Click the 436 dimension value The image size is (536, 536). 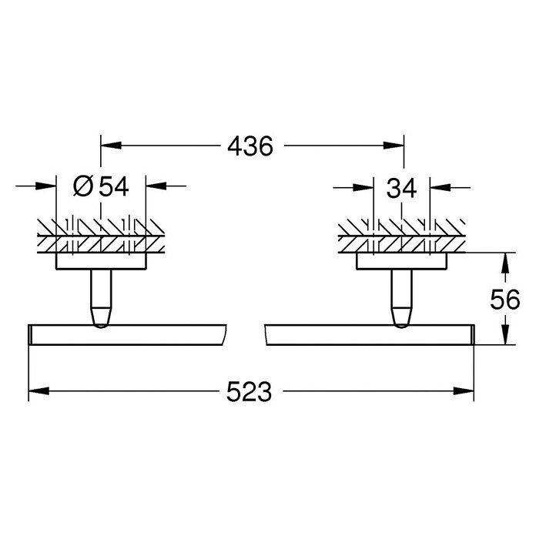click(x=250, y=146)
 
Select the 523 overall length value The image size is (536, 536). click(x=250, y=391)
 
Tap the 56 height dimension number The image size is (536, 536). click(x=505, y=299)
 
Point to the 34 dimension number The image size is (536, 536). click(x=402, y=188)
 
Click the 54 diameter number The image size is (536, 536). click(x=114, y=186)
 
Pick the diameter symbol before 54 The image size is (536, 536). click(x=83, y=186)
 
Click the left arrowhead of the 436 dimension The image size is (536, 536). click(x=111, y=146)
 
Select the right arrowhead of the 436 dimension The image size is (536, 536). click(x=394, y=146)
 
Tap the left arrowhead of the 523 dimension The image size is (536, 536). click(x=39, y=391)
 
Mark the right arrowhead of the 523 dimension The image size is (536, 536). click(x=464, y=391)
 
